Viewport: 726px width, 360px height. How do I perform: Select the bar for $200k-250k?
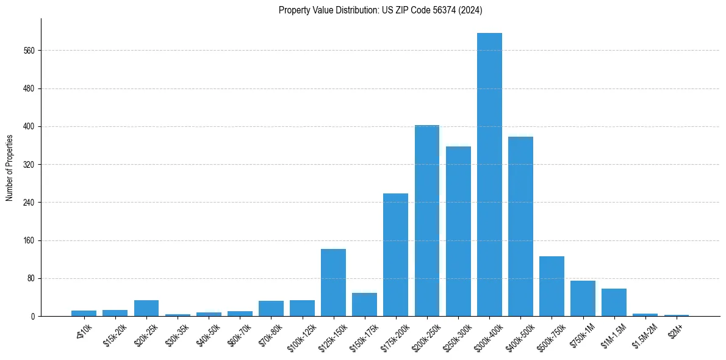point(427,220)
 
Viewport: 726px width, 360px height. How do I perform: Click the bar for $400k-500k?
point(520,226)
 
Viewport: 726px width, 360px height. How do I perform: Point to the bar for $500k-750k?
point(552,286)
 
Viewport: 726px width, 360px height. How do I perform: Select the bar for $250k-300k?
point(458,231)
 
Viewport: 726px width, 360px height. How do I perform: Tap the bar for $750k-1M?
point(583,298)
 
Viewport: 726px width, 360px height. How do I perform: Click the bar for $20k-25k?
point(146,308)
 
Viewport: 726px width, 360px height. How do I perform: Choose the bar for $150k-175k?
point(364,304)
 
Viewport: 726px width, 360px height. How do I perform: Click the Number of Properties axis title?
point(9,168)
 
